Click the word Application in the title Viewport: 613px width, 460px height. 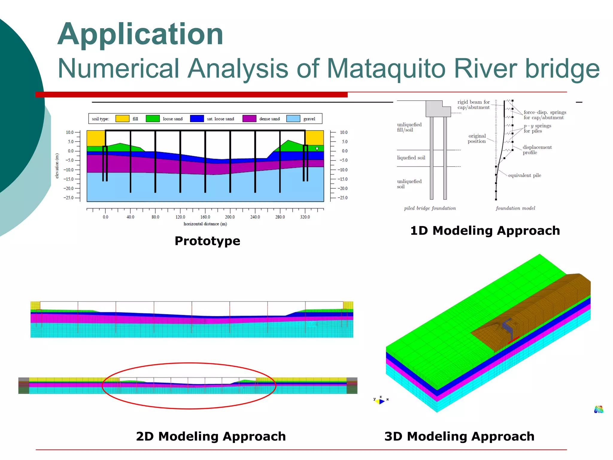coord(140,34)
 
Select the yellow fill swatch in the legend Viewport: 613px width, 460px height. coord(122,119)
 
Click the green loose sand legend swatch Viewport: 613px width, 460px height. coord(153,119)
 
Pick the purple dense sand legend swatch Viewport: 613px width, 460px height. coord(249,119)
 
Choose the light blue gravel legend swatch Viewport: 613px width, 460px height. coord(293,119)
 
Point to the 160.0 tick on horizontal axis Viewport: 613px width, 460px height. coord(205,217)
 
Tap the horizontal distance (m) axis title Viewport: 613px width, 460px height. coord(205,224)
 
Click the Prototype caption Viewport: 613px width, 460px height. coord(207,241)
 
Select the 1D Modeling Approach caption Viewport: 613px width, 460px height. coord(485,231)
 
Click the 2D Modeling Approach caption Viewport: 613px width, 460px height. coord(211,436)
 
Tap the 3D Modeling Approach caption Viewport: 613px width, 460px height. coord(459,436)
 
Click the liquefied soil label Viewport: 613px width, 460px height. coord(411,158)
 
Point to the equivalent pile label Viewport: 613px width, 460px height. coord(524,175)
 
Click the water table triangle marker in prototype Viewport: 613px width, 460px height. coord(317,149)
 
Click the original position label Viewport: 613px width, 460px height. coord(477,139)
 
